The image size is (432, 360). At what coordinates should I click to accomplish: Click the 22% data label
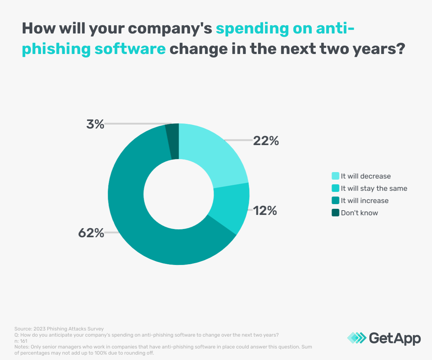click(266, 141)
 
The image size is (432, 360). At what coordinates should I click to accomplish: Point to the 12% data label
click(265, 211)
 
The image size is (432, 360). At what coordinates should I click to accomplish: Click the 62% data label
click(91, 233)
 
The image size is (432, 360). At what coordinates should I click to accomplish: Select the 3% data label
click(95, 125)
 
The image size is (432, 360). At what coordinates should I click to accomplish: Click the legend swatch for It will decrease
click(335, 176)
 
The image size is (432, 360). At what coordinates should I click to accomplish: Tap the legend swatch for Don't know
click(335, 213)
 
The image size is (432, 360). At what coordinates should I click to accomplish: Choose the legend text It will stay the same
click(374, 188)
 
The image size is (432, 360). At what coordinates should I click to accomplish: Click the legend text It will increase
click(365, 201)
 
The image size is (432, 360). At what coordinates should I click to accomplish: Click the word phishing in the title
click(56, 48)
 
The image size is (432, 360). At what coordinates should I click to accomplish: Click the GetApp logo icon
click(356, 338)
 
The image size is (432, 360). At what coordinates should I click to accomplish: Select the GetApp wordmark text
click(395, 338)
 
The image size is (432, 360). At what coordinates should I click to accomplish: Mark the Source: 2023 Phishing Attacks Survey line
click(59, 329)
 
